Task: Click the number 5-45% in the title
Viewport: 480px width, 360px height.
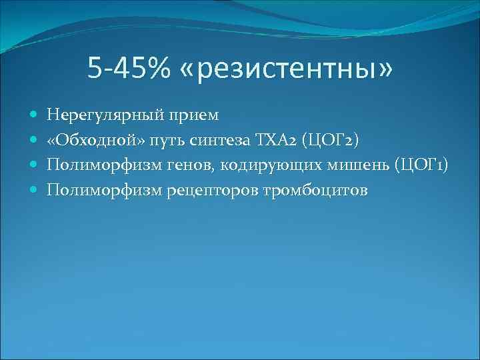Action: click(x=129, y=67)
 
